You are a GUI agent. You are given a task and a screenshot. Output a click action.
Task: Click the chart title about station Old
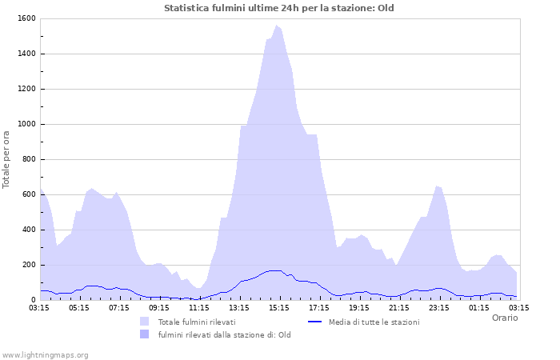279,8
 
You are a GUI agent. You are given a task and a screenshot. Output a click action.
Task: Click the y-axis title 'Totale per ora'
7,159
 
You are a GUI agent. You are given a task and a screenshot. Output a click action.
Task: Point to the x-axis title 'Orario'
504,318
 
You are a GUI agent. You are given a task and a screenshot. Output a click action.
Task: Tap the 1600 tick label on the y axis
26,18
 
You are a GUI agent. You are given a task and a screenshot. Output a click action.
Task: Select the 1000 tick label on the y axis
26,124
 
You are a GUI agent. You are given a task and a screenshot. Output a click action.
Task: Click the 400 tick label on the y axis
28,230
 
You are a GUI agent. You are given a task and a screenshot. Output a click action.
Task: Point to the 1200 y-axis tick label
26,89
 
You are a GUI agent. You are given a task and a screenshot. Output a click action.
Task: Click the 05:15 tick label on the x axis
79,306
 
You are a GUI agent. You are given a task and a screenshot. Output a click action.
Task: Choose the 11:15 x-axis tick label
199,306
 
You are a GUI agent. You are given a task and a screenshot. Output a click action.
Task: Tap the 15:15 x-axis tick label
279,306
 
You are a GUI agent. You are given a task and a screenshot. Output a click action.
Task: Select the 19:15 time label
359,306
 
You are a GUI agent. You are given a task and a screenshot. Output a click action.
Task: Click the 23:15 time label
439,306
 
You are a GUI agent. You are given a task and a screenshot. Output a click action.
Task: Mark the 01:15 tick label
479,306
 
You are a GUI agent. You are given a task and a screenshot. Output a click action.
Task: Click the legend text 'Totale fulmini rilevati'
197,322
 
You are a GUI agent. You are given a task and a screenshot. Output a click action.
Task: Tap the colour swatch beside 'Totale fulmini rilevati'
145,322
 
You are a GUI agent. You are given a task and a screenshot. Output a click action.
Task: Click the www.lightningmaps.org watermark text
45,354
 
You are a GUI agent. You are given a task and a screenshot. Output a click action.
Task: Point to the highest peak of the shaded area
277,26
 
